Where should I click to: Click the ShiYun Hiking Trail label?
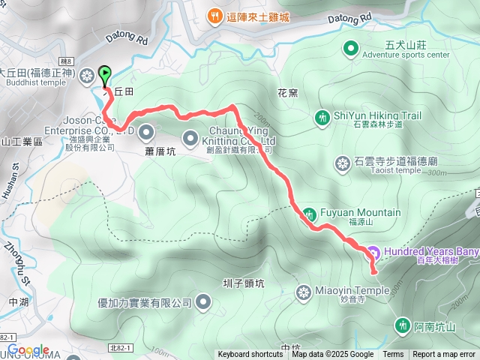coord(377,115)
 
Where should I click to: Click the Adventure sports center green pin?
coord(350,49)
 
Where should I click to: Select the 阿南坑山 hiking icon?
coord(402,324)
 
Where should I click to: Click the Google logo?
coord(28,350)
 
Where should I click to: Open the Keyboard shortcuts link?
coord(250,355)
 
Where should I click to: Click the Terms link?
coord(393,355)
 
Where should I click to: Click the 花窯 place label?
coord(288,94)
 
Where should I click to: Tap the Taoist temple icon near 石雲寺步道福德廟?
coord(343,163)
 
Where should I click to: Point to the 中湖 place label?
coord(18,302)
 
